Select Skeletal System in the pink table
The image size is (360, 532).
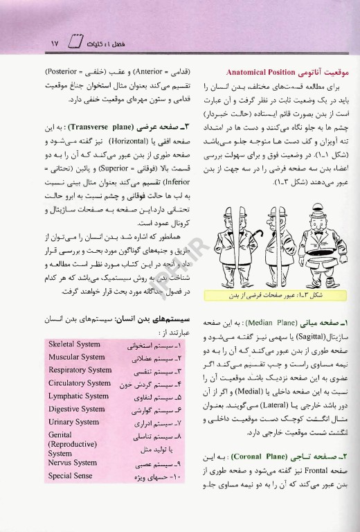point(75,344)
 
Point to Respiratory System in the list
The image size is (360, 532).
point(80,370)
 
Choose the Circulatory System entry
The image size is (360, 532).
point(80,383)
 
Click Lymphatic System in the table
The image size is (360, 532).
point(77,396)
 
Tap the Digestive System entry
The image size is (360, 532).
point(76,409)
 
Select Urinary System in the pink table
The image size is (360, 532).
point(73,422)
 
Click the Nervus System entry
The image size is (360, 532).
point(73,463)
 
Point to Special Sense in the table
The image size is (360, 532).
point(70,476)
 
